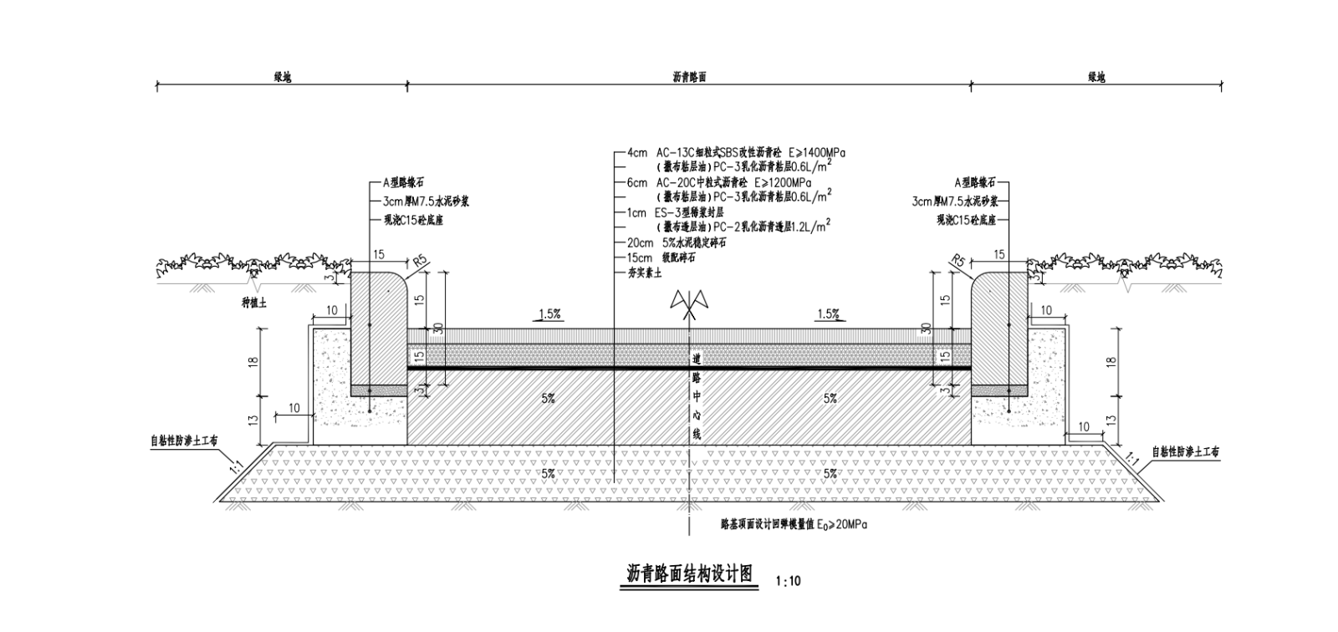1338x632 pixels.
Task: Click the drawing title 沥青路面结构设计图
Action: pos(690,574)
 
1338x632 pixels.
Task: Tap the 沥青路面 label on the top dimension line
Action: pos(690,76)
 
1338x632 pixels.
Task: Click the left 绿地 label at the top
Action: pos(283,76)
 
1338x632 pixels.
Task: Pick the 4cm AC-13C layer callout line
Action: pos(736,154)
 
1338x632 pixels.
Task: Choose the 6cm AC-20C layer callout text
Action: pos(719,182)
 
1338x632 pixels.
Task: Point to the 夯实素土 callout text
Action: pos(645,273)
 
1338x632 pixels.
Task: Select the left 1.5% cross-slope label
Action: pos(549,314)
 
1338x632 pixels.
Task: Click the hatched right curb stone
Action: pos(998,330)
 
